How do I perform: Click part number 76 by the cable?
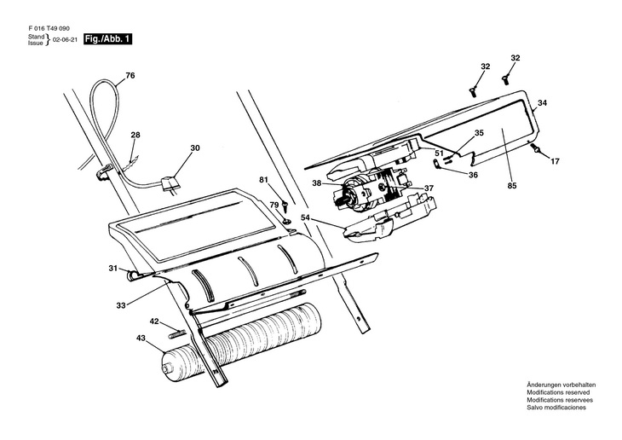coord(130,76)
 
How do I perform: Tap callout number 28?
coord(135,136)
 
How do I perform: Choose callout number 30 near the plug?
coord(195,148)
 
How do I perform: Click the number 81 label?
coord(263,179)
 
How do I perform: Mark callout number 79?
coord(274,206)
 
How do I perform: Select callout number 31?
coord(112,269)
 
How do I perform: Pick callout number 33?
coord(121,304)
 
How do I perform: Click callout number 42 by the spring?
coord(154,321)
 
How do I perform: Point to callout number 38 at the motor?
coord(316,182)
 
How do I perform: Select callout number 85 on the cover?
coord(512,185)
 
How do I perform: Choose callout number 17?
coord(555,160)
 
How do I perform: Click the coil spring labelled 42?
coord(179,331)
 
